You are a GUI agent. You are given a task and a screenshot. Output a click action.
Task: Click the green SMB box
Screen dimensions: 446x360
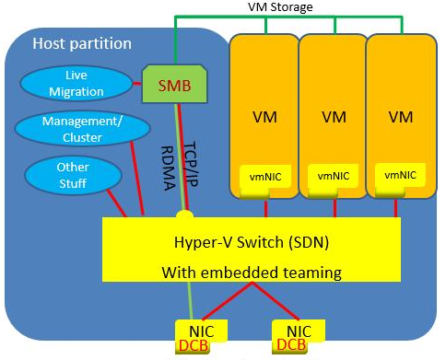pyautogui.click(x=174, y=84)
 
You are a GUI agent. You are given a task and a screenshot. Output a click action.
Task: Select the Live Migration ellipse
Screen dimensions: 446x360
pyautogui.click(x=76, y=84)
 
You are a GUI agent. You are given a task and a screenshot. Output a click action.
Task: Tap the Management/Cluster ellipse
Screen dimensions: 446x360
pyautogui.click(x=82, y=129)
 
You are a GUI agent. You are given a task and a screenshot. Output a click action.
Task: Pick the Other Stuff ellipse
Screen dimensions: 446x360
pyautogui.click(x=73, y=175)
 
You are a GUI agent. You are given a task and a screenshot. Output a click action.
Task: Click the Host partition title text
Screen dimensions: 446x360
pyautogui.click(x=82, y=43)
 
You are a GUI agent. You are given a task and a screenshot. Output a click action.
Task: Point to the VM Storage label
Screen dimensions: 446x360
pyautogui.click(x=280, y=6)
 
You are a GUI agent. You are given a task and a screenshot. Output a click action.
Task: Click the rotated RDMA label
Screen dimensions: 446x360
pyautogui.click(x=168, y=168)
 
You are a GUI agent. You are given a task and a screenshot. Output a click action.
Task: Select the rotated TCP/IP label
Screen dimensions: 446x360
pyautogui.click(x=191, y=164)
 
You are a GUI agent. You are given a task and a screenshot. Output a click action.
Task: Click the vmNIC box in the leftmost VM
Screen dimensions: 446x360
pyautogui.click(x=265, y=177)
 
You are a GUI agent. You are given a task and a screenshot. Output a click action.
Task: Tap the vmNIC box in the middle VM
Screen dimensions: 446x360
pyautogui.click(x=334, y=176)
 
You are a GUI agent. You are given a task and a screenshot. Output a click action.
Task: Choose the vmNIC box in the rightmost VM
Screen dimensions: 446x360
pyautogui.click(x=400, y=175)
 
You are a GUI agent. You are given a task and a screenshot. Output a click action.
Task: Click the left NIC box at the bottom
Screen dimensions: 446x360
pyautogui.click(x=201, y=331)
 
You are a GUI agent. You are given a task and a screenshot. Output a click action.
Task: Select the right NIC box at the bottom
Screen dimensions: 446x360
pyautogui.click(x=299, y=331)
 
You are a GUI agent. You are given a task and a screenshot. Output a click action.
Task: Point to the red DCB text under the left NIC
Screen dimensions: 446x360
pyautogui.click(x=194, y=346)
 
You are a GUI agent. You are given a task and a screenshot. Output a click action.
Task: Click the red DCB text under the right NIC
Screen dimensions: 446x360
pyautogui.click(x=291, y=345)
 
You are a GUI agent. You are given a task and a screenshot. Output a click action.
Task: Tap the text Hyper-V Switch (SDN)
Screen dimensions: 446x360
pyautogui.click(x=252, y=242)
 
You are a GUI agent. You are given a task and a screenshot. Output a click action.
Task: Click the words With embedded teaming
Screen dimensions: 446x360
pyautogui.click(x=252, y=273)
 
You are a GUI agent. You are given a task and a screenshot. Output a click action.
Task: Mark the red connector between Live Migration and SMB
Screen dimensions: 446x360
pyautogui.click(x=137, y=84)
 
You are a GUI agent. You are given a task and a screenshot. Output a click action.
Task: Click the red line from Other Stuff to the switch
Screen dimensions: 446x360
pyautogui.click(x=117, y=203)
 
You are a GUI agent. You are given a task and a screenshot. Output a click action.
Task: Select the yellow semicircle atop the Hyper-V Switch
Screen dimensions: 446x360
pyautogui.click(x=184, y=215)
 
